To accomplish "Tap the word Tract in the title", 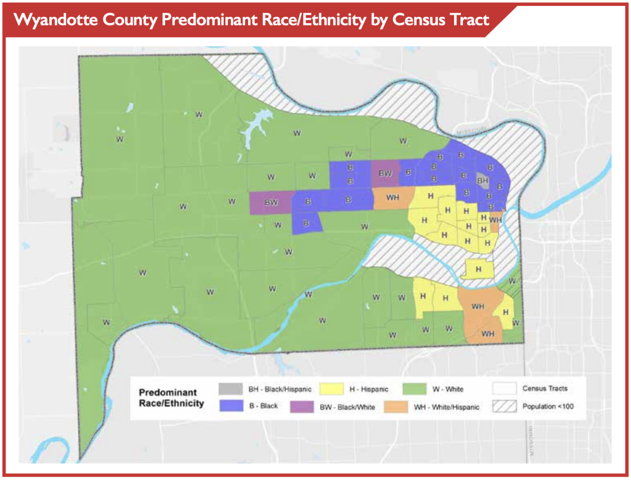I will (469, 20).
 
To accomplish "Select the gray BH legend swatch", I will (230, 389).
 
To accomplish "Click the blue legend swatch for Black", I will (230, 406).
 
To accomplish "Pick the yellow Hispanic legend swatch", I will (331, 389).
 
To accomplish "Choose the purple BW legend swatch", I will (302, 407).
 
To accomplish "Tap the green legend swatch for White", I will (414, 389).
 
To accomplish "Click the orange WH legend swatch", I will (396, 407).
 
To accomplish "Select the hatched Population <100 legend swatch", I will (504, 407).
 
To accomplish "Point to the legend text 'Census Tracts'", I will (545, 388).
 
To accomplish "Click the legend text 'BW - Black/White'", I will (347, 407).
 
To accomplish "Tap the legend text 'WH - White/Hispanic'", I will (447, 407).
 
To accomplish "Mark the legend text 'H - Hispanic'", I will (369, 389).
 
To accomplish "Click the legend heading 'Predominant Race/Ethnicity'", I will (171, 398).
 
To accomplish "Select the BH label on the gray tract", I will (483, 181).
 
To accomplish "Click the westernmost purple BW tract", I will (271, 203).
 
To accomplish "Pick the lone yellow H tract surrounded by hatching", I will (478, 270).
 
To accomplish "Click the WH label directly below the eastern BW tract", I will (392, 198).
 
